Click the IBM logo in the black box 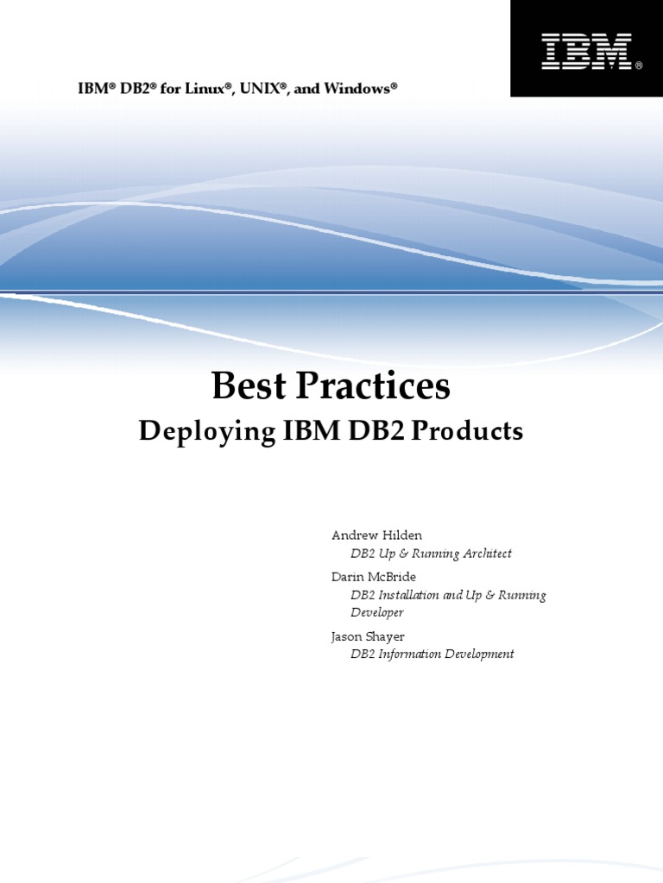(585, 52)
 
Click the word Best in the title (249, 387)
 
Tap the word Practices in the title (374, 387)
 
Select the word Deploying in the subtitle (206, 432)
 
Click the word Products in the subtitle (467, 432)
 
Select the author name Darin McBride (374, 576)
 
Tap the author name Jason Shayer (369, 636)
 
